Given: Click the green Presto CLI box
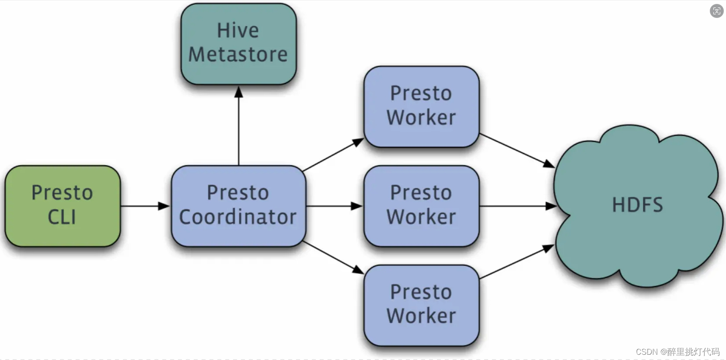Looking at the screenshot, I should coord(63,206).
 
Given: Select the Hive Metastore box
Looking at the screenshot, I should coord(238,44).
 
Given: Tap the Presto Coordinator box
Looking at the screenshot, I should coord(238,206).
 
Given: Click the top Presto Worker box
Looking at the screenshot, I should coord(421,106).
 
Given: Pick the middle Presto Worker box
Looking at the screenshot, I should coord(421,206).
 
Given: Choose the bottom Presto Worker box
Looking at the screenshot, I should coord(421,305).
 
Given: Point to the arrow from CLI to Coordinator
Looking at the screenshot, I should coord(144,206).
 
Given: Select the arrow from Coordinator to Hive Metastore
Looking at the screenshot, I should coord(239,127).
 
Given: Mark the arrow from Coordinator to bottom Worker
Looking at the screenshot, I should coord(332,257).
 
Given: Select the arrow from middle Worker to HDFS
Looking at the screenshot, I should coord(516,206).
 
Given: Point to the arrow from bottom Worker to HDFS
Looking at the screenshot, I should coord(516,262).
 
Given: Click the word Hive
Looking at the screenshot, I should coord(238,31).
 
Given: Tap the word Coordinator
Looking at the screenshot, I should coord(238,217).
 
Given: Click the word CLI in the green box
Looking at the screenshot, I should coord(62,217).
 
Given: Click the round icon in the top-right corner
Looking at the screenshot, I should coord(716,11).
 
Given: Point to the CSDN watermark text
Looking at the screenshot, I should coord(677,352).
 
